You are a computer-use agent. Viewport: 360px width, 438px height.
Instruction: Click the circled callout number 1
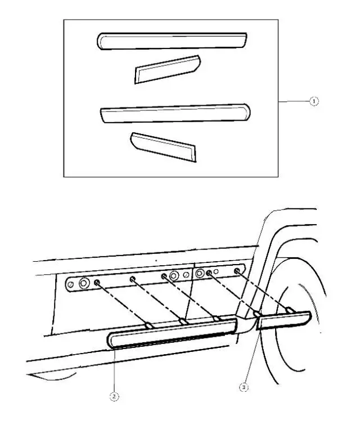tap(314, 101)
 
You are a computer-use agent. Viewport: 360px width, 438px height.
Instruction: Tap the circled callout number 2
tap(114, 396)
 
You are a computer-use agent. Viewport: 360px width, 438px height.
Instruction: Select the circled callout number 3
tap(243, 387)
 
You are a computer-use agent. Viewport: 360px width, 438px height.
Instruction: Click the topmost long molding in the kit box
tap(171, 41)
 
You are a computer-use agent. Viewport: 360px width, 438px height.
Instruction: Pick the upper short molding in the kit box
tap(166, 69)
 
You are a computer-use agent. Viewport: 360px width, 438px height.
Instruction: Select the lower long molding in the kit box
tap(174, 113)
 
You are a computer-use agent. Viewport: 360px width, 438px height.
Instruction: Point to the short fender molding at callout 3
tap(284, 320)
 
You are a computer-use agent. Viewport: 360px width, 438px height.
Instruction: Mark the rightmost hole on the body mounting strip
tap(237, 271)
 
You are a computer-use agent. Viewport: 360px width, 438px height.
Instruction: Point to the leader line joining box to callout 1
tap(294, 101)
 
